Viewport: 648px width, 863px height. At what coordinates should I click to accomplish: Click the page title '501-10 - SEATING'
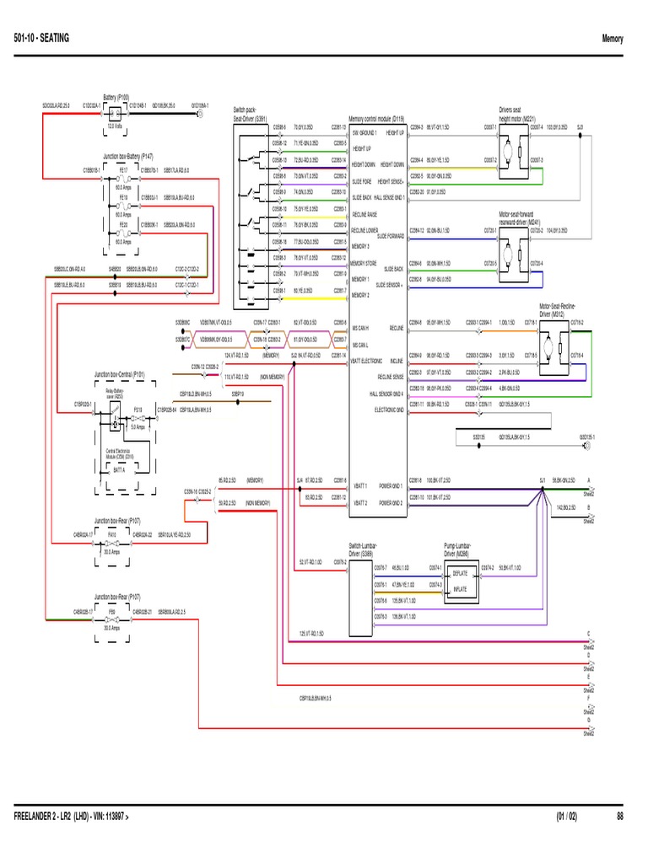42,39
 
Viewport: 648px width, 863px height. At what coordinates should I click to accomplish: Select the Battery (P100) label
116,97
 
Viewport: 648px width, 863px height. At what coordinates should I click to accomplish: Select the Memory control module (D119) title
377,120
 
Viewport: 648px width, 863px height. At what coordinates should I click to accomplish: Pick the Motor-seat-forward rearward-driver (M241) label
521,217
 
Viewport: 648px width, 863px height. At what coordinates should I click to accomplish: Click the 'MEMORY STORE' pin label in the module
364,264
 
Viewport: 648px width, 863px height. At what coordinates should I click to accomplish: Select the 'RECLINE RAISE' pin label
364,215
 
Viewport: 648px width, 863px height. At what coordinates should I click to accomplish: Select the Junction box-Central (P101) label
120,373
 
